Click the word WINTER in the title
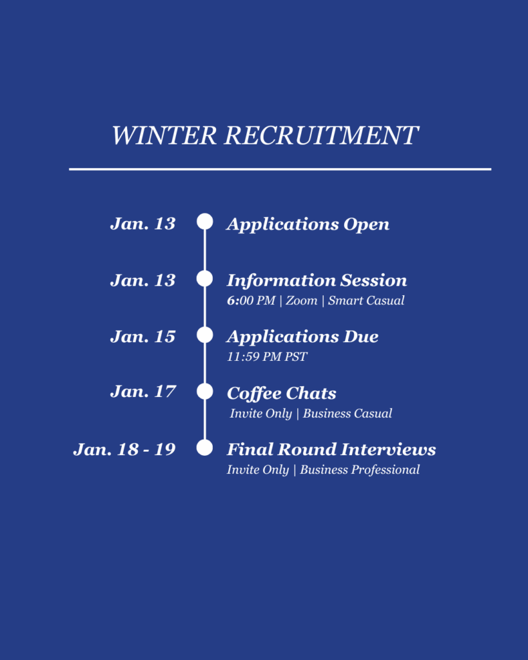pyautogui.click(x=164, y=135)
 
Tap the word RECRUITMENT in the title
pyautogui.click(x=321, y=135)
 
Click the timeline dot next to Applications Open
pyautogui.click(x=205, y=222)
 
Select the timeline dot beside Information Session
pyautogui.click(x=205, y=278)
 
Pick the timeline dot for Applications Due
pyautogui.click(x=205, y=335)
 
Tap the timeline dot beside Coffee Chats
pyautogui.click(x=205, y=391)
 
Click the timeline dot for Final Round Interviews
pyautogui.click(x=205, y=447)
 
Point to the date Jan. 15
pyautogui.click(x=142, y=336)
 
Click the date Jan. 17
pyautogui.click(x=142, y=392)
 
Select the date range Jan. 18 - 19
pyautogui.click(x=124, y=449)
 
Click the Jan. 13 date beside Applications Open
pyautogui.click(x=142, y=224)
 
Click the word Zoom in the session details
pyautogui.click(x=302, y=300)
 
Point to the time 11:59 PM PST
pyautogui.click(x=267, y=357)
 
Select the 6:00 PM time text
pyautogui.click(x=251, y=300)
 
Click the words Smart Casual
pyautogui.click(x=366, y=300)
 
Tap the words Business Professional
pyautogui.click(x=360, y=470)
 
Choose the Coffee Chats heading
pyautogui.click(x=281, y=394)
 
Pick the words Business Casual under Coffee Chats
pyautogui.click(x=347, y=413)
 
